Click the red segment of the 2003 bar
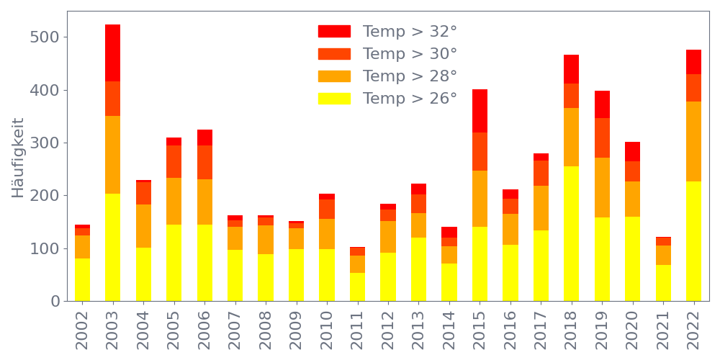tap(112, 53)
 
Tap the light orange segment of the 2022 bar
tap(693, 141)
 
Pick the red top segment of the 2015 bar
tap(480, 111)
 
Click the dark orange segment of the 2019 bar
tap(602, 138)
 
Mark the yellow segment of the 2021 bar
tap(663, 283)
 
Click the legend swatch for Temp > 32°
tap(334, 32)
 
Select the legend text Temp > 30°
tap(410, 54)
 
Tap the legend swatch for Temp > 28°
tap(334, 76)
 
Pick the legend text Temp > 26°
tap(410, 99)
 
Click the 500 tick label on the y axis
tap(45, 37)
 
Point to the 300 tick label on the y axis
tap(45, 143)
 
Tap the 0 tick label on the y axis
tap(55, 301)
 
